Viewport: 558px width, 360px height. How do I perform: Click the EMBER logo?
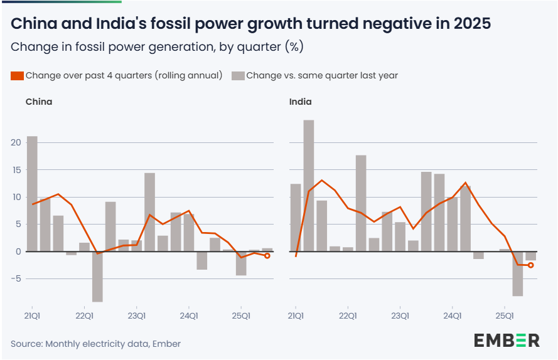(x=507, y=341)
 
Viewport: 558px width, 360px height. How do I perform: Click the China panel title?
(x=38, y=102)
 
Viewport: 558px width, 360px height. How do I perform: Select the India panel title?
(x=300, y=102)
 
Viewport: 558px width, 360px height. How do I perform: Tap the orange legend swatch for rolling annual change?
(x=17, y=76)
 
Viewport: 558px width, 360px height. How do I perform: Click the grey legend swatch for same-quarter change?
(x=238, y=76)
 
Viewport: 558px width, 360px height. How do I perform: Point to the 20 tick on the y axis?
(x=16, y=142)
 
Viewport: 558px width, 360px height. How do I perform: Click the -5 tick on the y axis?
(x=16, y=278)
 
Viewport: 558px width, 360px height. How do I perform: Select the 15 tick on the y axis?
(x=16, y=170)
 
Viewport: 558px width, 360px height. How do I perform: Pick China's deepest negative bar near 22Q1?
(x=97, y=276)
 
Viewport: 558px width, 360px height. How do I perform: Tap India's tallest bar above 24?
(x=308, y=185)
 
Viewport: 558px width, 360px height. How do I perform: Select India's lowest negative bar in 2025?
(x=517, y=273)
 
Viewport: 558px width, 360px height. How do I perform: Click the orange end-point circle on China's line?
(x=267, y=256)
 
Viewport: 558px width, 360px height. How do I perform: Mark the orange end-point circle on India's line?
(x=530, y=265)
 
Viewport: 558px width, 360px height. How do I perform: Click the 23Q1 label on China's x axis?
(x=137, y=315)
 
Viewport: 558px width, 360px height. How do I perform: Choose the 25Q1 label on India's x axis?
(x=505, y=315)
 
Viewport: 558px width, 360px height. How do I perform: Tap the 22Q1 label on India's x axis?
(x=348, y=315)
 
